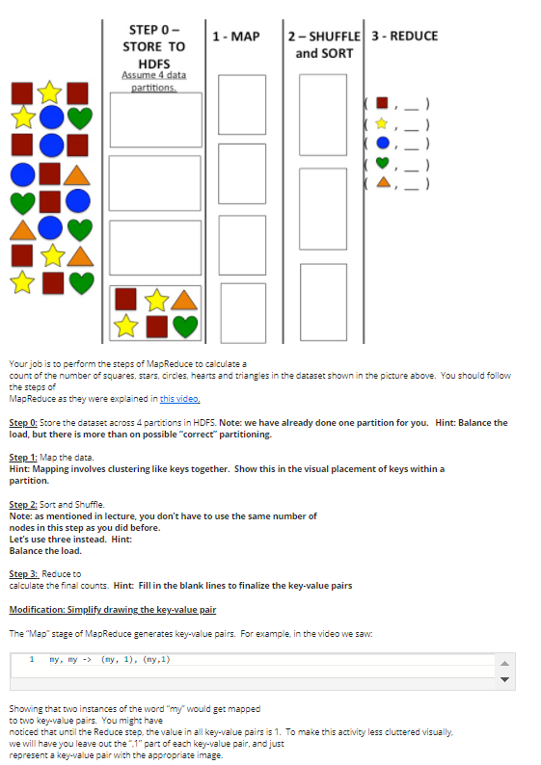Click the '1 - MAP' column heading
click(x=236, y=37)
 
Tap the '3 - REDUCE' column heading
click(x=405, y=37)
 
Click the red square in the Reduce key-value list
click(x=383, y=103)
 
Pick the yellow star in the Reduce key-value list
click(x=383, y=123)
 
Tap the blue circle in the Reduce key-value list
click(x=383, y=143)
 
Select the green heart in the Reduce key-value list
click(x=383, y=162)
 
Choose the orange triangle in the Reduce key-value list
click(x=383, y=182)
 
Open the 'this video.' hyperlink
click(x=180, y=398)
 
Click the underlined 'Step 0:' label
click(x=23, y=423)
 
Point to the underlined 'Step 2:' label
click(x=23, y=505)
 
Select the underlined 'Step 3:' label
click(x=23, y=573)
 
